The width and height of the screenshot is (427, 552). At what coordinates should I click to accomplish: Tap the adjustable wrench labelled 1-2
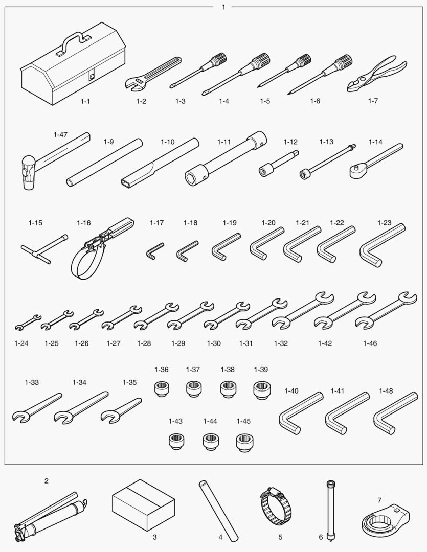pos(151,73)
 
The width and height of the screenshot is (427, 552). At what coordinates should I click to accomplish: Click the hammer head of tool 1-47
pos(28,173)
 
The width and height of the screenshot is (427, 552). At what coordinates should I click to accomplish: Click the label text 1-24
pos(21,343)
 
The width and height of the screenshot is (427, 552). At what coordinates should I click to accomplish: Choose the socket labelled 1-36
pos(162,389)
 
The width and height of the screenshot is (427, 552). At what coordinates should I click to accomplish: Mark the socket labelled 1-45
pos(244,442)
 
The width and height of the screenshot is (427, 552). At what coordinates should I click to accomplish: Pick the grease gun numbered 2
pos(49,515)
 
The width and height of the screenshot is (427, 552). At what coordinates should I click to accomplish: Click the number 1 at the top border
pos(223,7)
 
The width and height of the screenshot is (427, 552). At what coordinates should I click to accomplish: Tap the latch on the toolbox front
pos(92,76)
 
